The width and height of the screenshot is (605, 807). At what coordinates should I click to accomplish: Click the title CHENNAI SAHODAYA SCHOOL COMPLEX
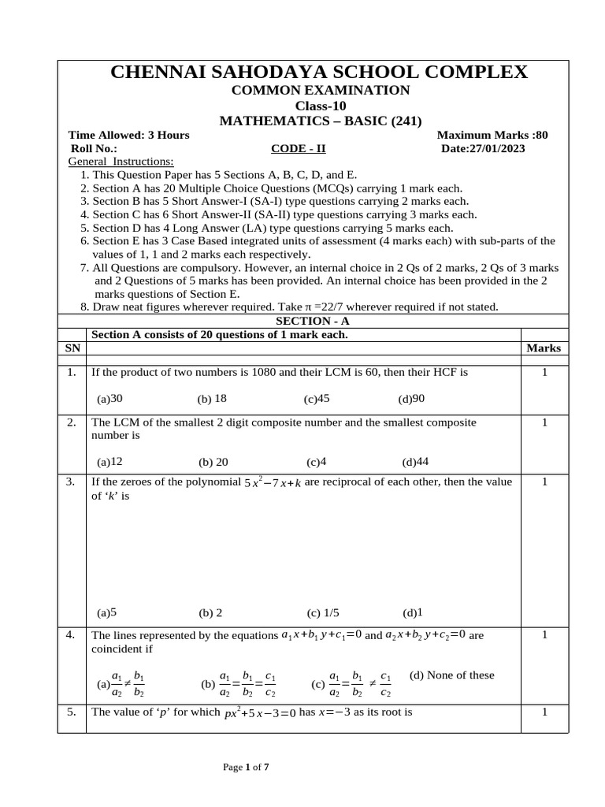(319, 73)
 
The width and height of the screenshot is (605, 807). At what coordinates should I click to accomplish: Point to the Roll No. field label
(94, 148)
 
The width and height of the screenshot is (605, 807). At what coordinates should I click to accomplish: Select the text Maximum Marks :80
(492, 135)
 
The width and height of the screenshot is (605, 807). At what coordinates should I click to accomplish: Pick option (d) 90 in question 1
(411, 399)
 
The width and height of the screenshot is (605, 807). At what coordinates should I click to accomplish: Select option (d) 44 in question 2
(415, 462)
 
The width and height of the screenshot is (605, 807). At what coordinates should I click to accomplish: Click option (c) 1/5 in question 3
(323, 612)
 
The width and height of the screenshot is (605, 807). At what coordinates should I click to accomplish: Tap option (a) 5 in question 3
(107, 612)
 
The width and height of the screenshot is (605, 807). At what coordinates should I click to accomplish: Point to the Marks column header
(544, 348)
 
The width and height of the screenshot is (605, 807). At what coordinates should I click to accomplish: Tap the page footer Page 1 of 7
(247, 765)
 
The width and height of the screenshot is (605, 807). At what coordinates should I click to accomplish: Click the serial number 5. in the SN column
(71, 712)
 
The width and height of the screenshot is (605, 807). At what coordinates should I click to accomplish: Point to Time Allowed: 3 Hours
(128, 135)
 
